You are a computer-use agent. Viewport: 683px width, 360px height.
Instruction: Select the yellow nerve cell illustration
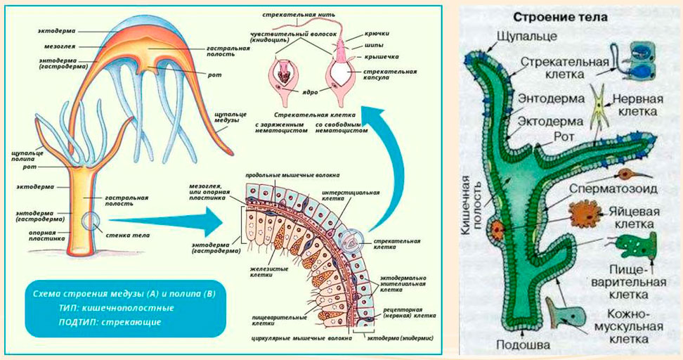coord(600,106)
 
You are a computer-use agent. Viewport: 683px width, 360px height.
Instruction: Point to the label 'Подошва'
coord(518,345)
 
